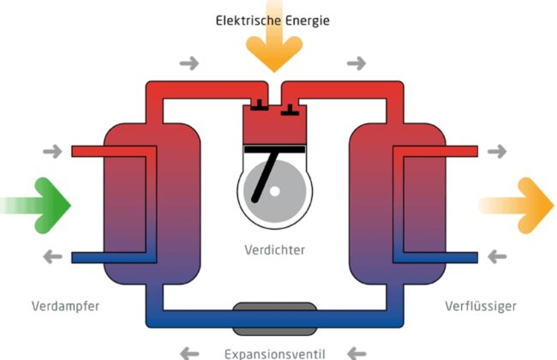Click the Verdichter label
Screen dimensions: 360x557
click(273, 251)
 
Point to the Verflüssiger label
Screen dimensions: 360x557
click(481, 306)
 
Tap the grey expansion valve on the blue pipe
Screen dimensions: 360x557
click(274, 318)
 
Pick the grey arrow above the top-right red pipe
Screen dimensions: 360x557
click(355, 63)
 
